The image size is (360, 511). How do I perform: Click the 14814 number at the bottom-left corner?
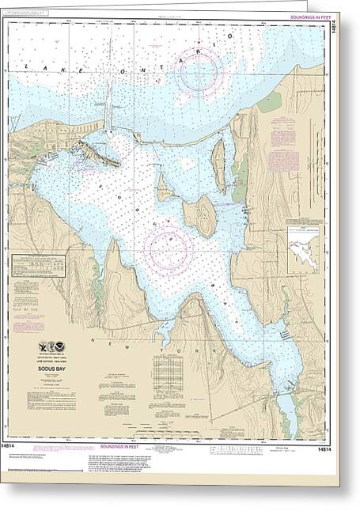tap(19, 448)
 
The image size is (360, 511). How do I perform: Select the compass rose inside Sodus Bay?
tap(169, 248)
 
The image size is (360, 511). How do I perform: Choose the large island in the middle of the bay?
tap(200, 215)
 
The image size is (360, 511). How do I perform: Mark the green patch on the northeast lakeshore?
tap(270, 101)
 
